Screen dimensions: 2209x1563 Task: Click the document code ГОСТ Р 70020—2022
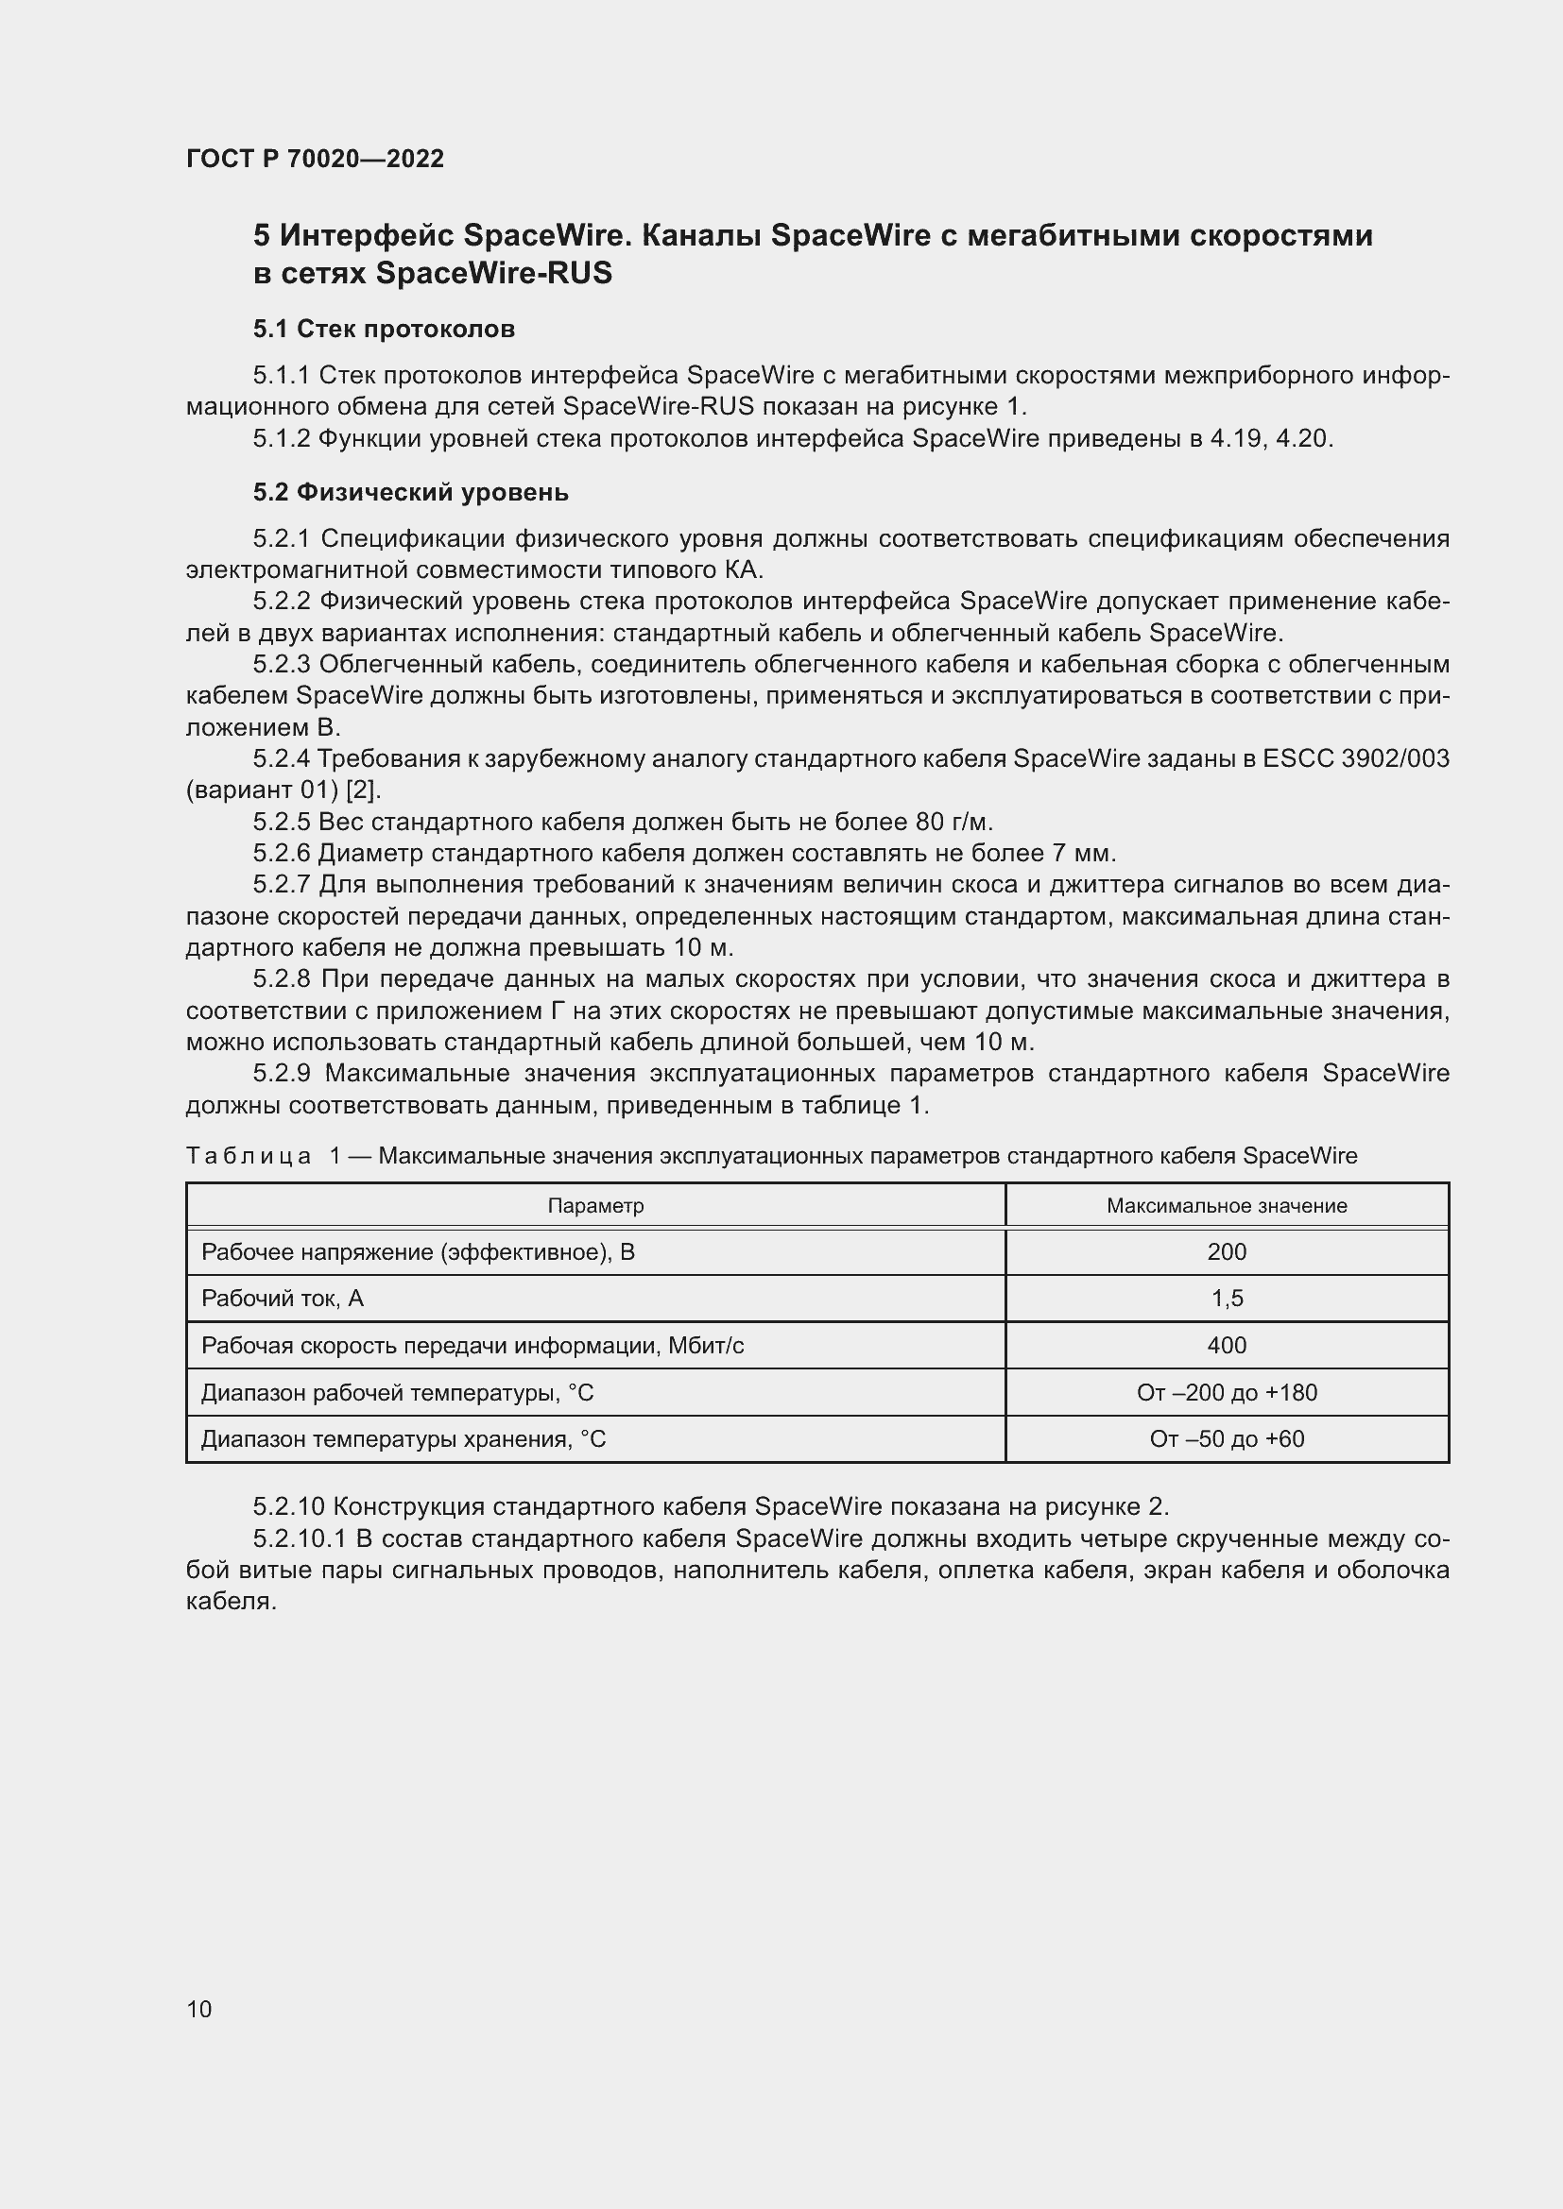pos(315,159)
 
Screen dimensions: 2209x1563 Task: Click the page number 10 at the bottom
pos(199,2008)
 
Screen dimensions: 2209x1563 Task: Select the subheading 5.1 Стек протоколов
pos(383,329)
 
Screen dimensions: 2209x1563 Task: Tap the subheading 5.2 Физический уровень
pos(410,493)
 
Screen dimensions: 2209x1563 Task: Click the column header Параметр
pos(594,1205)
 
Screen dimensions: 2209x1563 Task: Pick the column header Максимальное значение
pos(1227,1205)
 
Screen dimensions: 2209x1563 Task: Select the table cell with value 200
pos(1227,1251)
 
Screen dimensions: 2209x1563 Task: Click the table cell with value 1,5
pos(1227,1299)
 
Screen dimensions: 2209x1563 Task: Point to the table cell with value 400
pos(1227,1345)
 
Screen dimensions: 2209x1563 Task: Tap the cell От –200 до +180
pos(1227,1392)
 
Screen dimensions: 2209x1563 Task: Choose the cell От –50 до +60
pos(1227,1439)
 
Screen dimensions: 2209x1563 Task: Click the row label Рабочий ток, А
pos(282,1299)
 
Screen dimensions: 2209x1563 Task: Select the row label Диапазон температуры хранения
pos(404,1439)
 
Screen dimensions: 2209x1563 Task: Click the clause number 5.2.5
pos(282,822)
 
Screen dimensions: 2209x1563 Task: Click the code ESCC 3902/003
pos(1355,759)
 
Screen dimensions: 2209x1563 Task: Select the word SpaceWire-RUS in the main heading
pos(492,274)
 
